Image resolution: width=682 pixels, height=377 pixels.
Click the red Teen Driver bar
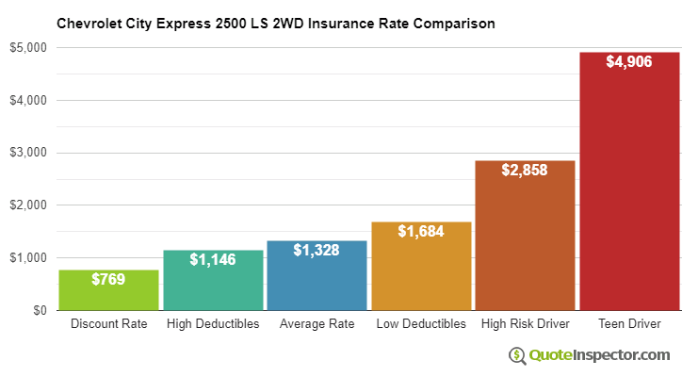point(629,188)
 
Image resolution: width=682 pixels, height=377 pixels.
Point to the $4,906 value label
point(629,62)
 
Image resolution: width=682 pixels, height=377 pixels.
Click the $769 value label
point(109,279)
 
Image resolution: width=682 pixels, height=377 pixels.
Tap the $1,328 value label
point(317,250)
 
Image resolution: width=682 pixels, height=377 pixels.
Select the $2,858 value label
point(525,171)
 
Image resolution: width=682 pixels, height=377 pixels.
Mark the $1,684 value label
point(421,232)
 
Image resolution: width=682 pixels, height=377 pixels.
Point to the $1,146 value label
point(213,259)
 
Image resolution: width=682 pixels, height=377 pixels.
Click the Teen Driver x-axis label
point(629,324)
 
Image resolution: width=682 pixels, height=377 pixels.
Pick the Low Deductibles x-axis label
point(421,324)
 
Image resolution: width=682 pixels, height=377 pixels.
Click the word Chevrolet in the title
point(90,21)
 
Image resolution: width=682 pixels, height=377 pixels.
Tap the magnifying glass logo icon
point(517,355)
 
